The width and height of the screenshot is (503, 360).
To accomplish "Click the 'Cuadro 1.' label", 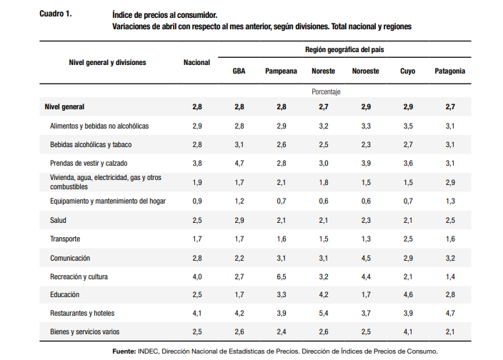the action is point(56,14).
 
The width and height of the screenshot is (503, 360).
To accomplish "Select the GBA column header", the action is point(239,71).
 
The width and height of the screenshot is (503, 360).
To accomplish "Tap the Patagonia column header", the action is point(449,71).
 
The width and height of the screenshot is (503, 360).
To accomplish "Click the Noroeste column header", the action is point(366,71).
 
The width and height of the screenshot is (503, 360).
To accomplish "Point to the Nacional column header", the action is point(196,63).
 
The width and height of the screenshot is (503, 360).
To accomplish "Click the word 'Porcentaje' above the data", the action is point(326,91).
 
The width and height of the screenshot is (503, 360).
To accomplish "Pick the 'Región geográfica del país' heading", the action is point(344,50).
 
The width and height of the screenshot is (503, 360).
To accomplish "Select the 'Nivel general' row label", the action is point(64,106).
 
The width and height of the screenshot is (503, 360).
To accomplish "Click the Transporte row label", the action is point(65,239).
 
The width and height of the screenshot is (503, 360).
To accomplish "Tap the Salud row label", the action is point(58,220).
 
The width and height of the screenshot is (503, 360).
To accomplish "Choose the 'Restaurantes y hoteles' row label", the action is point(82,313).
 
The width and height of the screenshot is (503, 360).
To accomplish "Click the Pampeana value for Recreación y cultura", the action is point(282,276).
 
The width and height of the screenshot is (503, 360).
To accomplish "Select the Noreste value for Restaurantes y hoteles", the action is point(324,313).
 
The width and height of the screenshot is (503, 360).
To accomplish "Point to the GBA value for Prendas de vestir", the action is point(239,163).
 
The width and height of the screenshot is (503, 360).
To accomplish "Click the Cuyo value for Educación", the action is point(408,294).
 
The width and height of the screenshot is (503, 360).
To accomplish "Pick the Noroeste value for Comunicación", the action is point(366,258).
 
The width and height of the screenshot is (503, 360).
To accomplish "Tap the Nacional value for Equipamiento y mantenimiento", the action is point(197,201).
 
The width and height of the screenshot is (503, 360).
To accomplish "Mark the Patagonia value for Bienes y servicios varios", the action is point(449,332).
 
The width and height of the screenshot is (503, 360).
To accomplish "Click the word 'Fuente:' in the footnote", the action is point(124,351).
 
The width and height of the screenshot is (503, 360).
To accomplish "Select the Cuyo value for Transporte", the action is point(408,239).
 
